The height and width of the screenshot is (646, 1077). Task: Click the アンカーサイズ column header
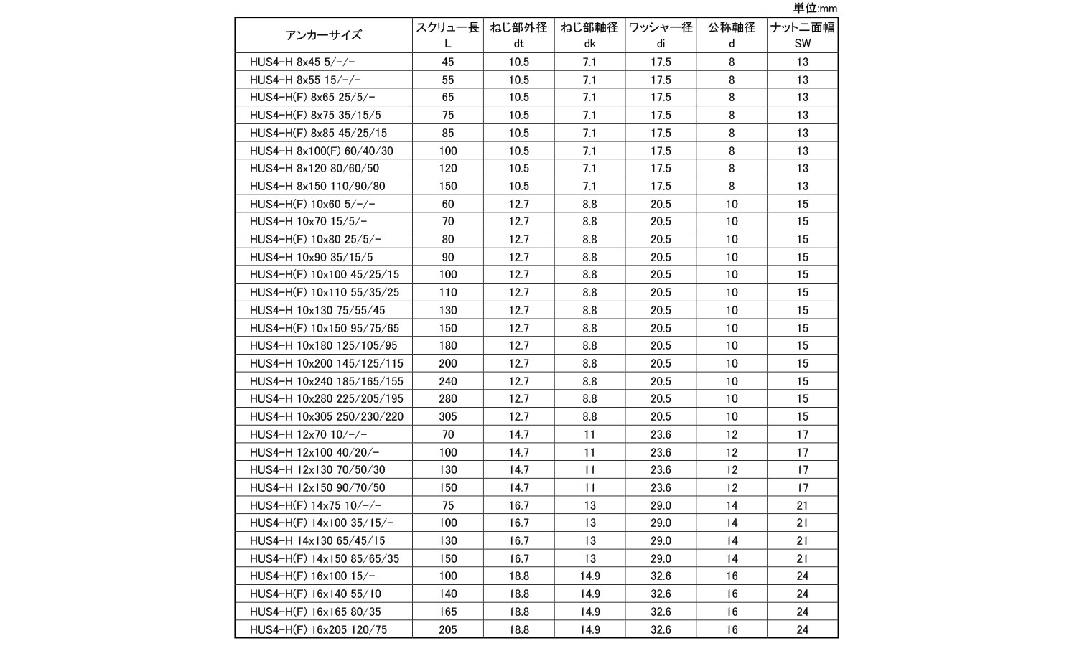[323, 35]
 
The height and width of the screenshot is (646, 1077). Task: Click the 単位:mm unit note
[815, 9]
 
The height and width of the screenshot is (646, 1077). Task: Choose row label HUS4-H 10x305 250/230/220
[327, 417]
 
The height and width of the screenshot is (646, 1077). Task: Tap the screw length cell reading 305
[447, 417]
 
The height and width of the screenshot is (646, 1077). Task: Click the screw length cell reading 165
[447, 612]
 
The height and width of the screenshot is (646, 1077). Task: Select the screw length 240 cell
[447, 382]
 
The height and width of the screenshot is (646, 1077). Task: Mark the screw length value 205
[447, 630]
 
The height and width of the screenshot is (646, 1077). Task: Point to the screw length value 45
[447, 62]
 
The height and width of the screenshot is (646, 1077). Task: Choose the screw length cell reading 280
[447, 399]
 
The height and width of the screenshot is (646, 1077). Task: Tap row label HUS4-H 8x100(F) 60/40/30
[321, 151]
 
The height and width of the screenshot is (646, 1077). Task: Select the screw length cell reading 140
[447, 594]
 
